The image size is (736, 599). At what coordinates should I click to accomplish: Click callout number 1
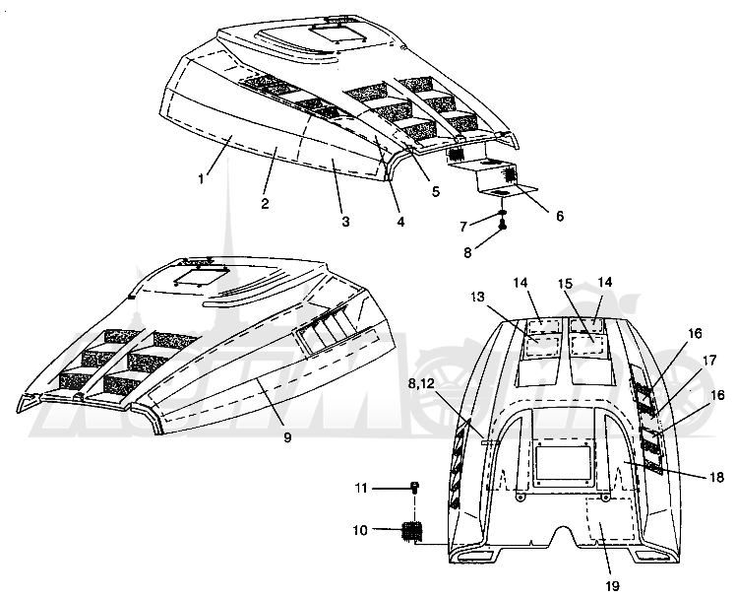pos(202,179)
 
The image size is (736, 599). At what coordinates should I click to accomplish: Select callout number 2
pos(266,203)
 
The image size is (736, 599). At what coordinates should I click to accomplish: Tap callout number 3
pos(346,222)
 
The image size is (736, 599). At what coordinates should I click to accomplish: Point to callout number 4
pos(400,222)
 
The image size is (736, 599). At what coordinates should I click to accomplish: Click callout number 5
pos(436,192)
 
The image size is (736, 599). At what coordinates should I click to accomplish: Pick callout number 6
pos(560,216)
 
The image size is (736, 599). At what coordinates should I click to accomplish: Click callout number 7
pos(463,227)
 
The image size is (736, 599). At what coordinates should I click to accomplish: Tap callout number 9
pos(287,437)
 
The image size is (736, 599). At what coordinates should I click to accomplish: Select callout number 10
pos(360,531)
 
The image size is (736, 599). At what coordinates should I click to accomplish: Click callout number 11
pos(360,489)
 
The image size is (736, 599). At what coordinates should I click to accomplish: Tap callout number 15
pos(565,284)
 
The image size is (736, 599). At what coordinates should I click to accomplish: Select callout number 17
pos(709,361)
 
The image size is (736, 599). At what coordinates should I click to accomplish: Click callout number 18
pos(716,477)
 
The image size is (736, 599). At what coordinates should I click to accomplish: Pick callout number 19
pos(613,586)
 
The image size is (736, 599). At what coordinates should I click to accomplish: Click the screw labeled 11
pos(415,488)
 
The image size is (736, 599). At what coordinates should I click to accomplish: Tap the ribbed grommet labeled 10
pos(412,531)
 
